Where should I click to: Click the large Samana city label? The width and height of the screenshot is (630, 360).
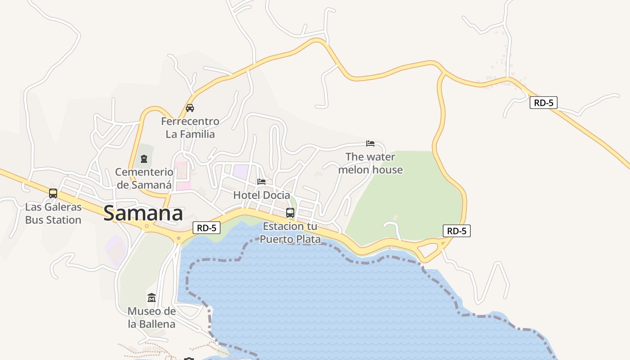143,213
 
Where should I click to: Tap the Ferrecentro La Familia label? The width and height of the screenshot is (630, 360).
190,128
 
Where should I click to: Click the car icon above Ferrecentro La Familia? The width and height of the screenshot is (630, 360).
190,108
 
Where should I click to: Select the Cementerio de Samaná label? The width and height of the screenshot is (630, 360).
144,178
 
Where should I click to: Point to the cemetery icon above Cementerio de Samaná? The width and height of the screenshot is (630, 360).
144,159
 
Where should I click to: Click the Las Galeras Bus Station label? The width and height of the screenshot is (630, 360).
53,213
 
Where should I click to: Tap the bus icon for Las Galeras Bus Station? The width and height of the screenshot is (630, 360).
53,193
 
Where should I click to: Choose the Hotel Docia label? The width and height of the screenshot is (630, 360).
261,195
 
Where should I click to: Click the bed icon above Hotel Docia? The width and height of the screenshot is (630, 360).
261,181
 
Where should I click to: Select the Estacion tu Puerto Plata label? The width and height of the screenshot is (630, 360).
290,233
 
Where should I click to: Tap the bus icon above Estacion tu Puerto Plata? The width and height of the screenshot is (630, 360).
290,213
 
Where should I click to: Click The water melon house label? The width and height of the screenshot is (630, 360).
370,163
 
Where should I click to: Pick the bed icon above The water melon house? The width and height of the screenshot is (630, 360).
370,144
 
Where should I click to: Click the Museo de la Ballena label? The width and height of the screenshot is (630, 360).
152,317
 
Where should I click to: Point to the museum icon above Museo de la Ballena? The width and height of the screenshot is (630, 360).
152,297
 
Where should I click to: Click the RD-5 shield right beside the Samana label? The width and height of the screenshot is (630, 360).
207,228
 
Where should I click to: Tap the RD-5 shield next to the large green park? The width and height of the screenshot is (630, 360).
457,231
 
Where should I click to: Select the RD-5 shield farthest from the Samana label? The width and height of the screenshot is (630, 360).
544,103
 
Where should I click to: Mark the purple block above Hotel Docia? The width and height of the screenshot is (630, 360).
240,172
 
